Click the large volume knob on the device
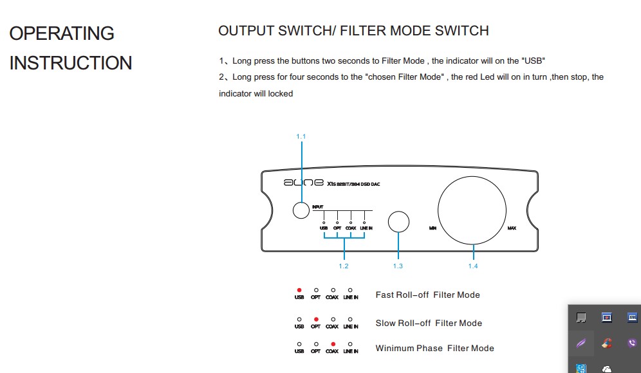pos(473,210)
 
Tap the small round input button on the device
pos(301,210)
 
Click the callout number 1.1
pos(301,136)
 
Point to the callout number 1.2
pos(344,266)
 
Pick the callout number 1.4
pos(473,266)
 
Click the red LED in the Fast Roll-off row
pos(299,290)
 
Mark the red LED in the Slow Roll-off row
pos(315,319)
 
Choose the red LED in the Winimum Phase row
pos(332,344)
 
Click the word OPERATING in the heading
pos(62,33)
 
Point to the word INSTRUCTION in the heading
pos(71,63)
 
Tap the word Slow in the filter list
pos(385,323)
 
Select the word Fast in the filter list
pos(385,295)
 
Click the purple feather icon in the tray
pos(581,343)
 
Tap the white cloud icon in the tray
pos(606,368)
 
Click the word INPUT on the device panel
pos(317,207)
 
